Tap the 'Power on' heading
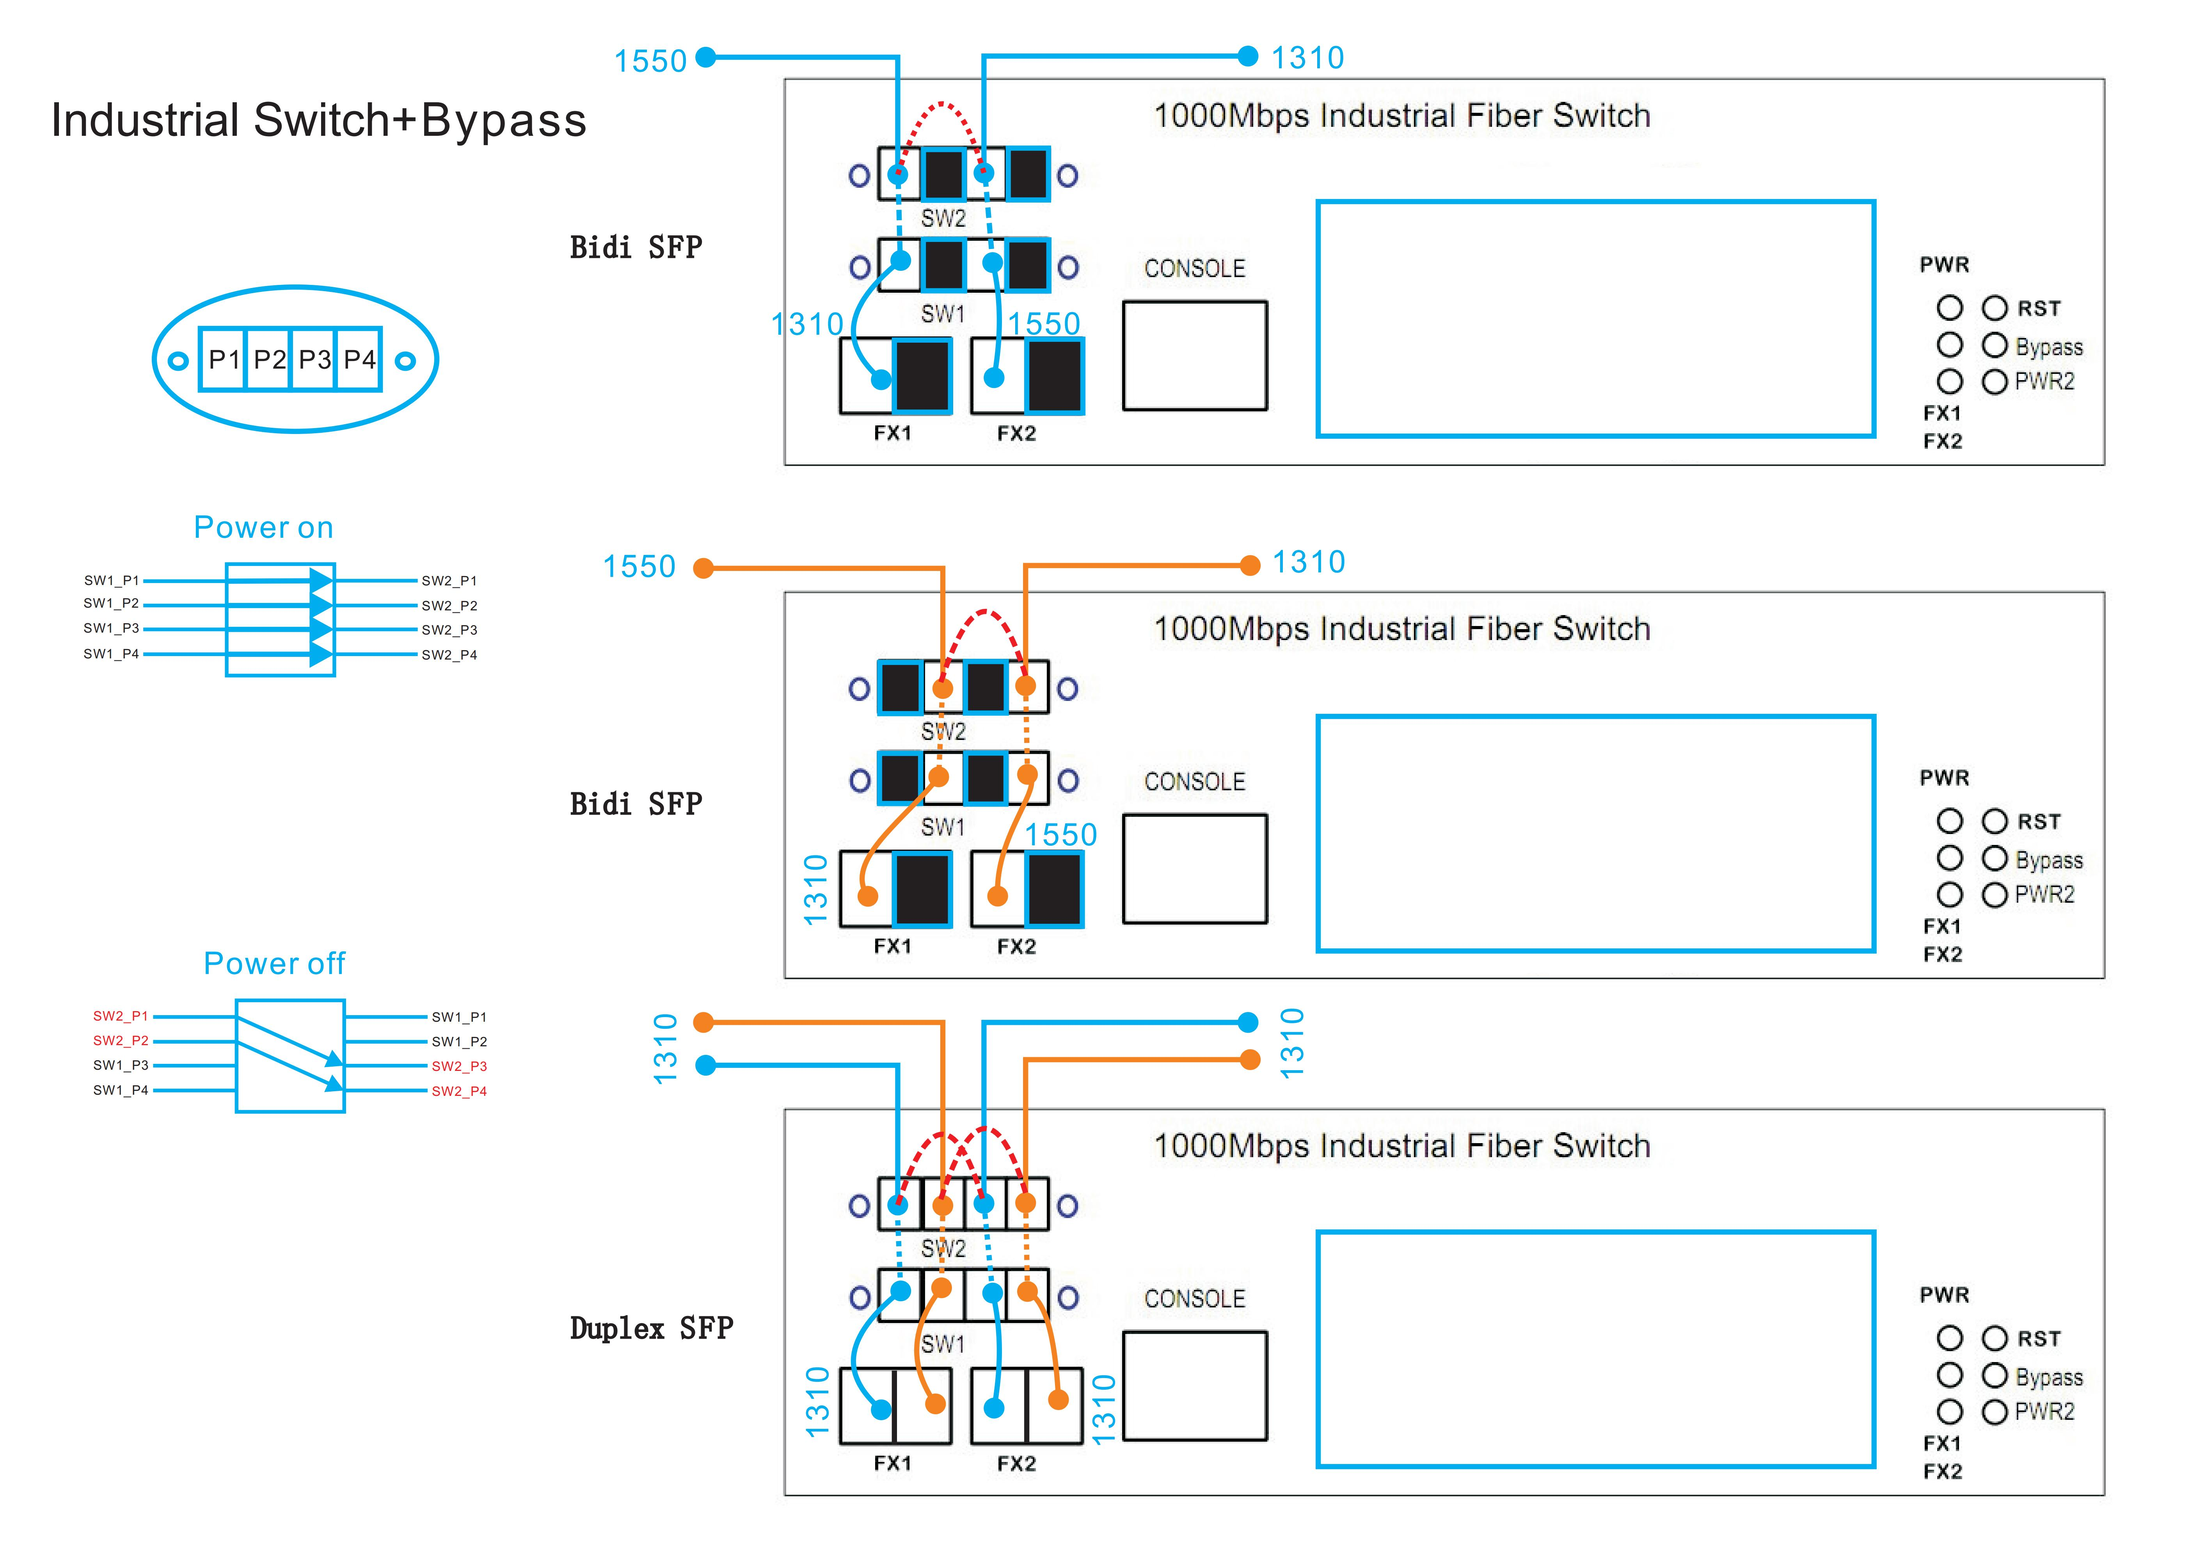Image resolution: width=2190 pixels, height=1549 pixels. click(263, 528)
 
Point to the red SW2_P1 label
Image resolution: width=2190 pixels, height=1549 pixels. click(120, 1016)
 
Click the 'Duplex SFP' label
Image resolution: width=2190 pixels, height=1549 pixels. click(652, 1328)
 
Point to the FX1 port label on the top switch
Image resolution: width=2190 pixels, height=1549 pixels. click(893, 433)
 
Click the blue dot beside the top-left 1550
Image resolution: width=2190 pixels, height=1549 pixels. click(706, 57)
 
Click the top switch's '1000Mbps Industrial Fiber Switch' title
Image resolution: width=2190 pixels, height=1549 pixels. click(1401, 116)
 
